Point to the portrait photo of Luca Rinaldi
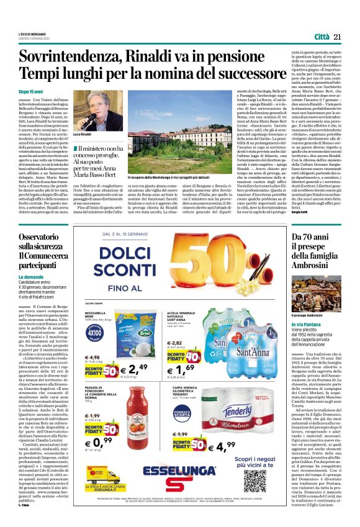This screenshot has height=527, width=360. tap(90, 109)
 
